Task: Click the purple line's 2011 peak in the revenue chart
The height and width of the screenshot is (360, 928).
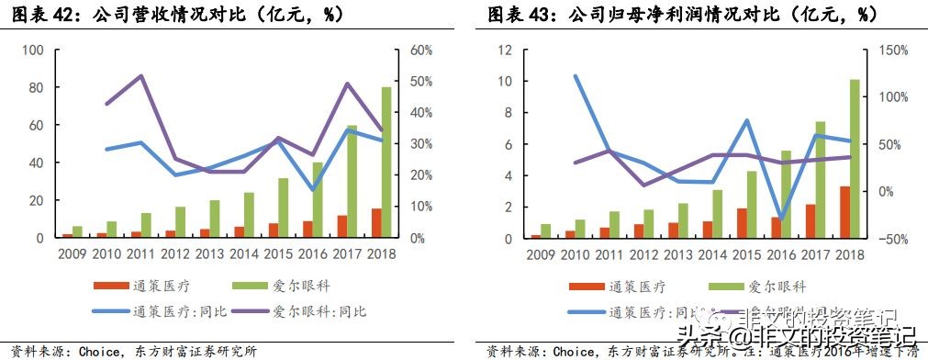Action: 140,76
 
